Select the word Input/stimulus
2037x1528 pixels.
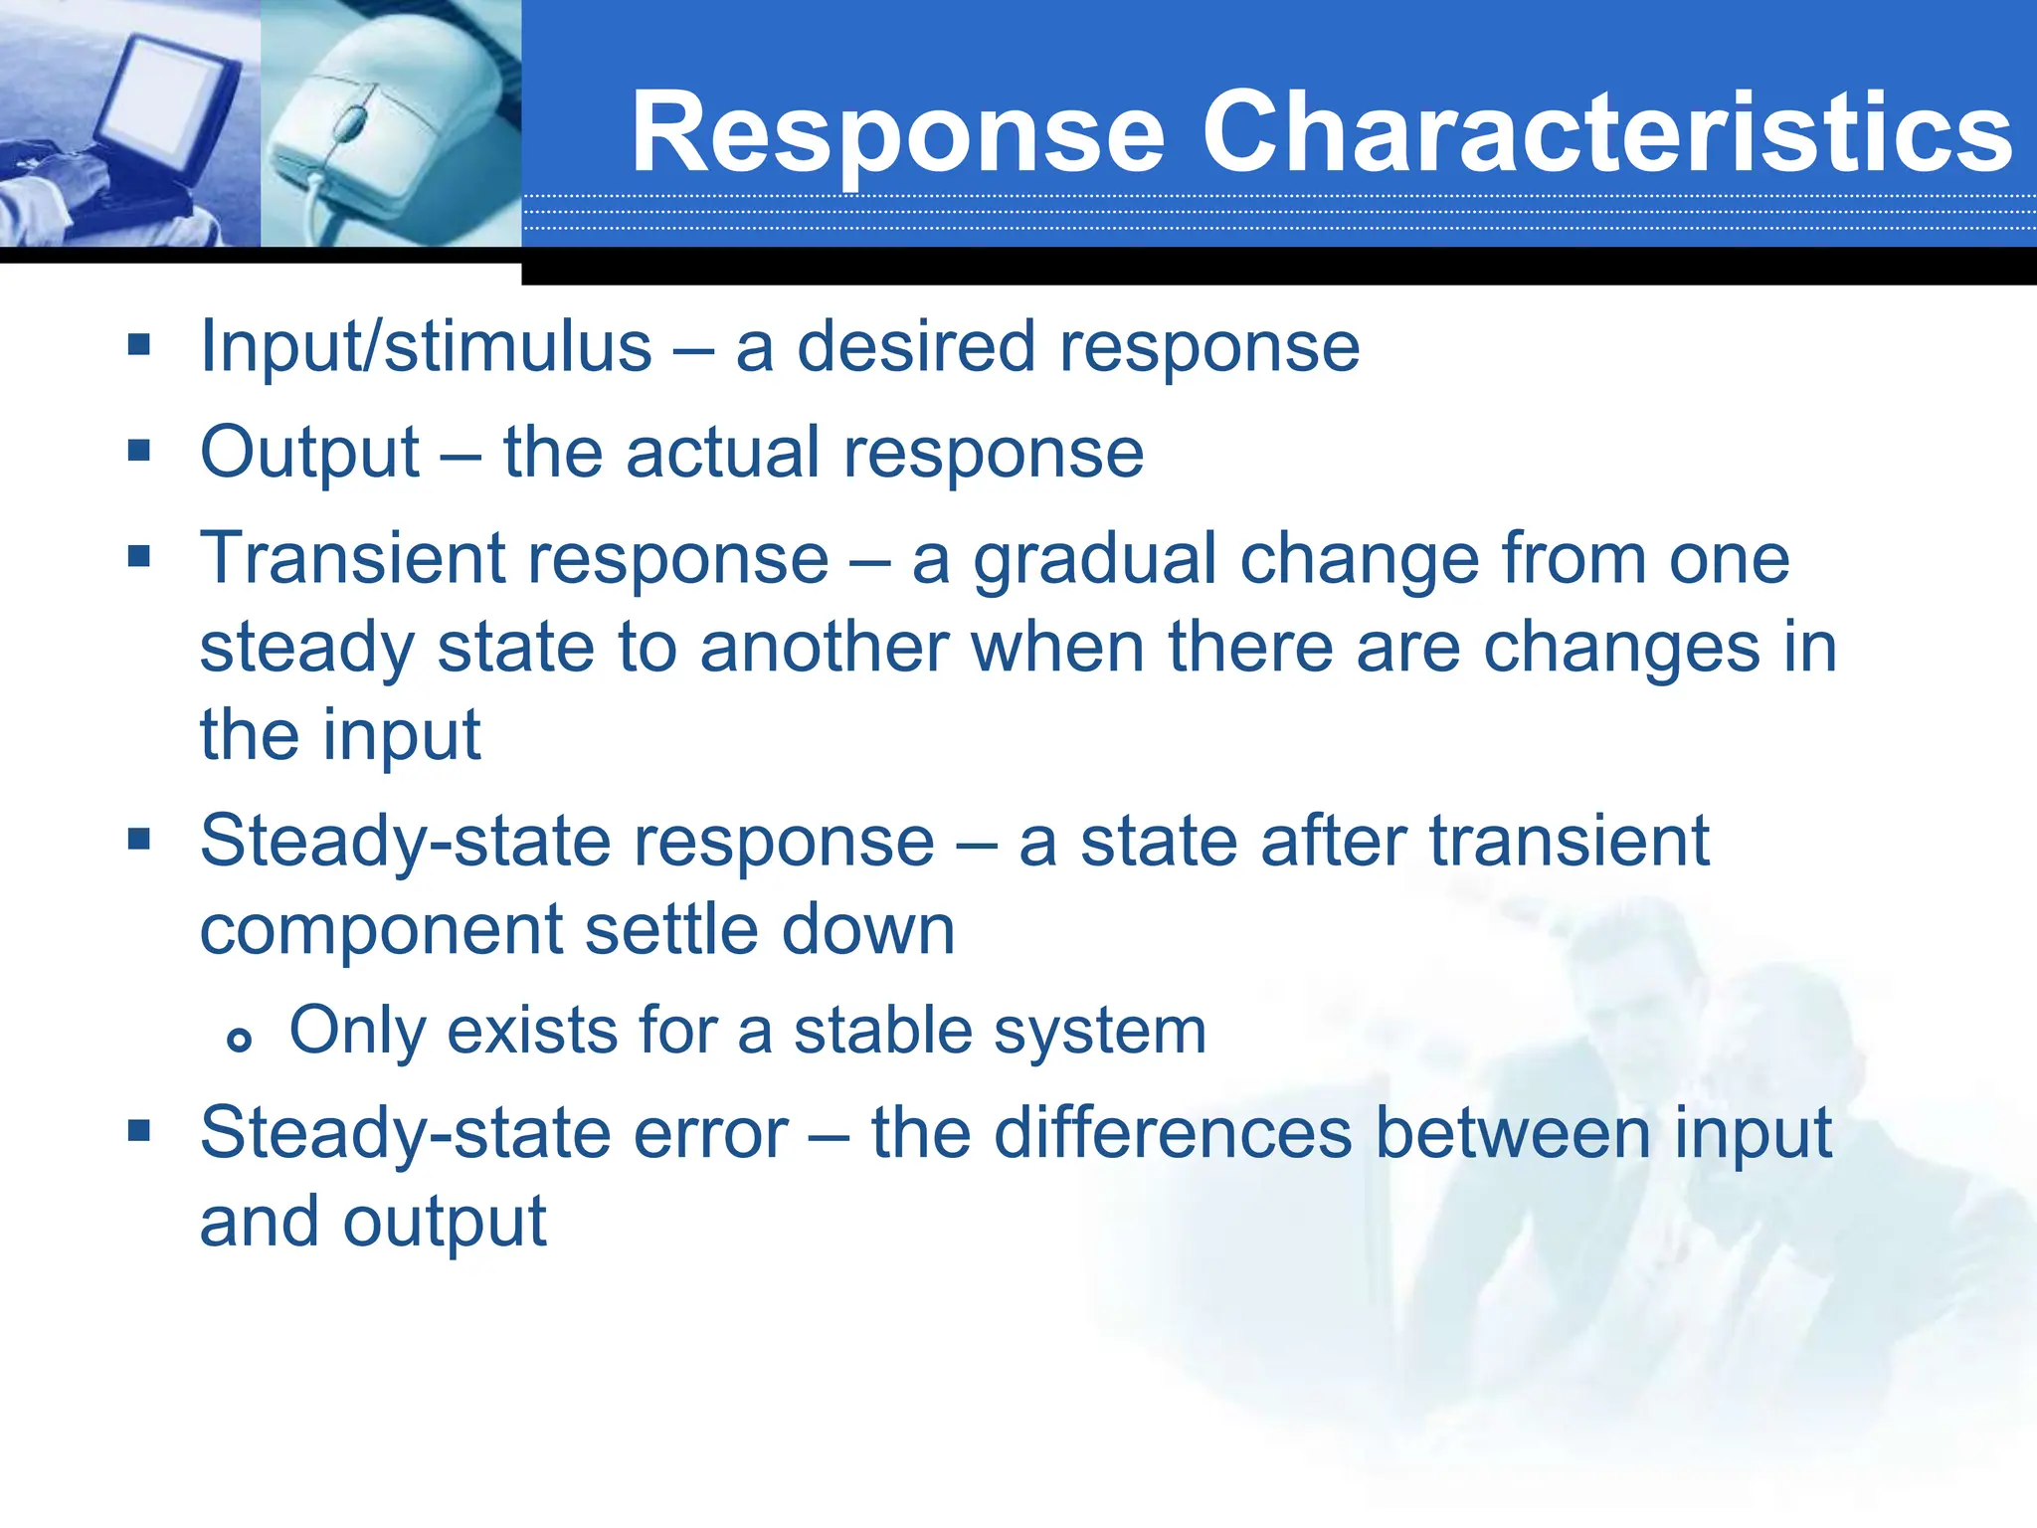(x=426, y=348)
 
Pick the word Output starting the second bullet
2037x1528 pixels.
(x=309, y=454)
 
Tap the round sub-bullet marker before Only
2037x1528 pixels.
(x=239, y=1041)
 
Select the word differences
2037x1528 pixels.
(x=1174, y=1133)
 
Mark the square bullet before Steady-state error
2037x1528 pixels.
(x=139, y=1130)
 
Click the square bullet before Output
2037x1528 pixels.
(x=139, y=452)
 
